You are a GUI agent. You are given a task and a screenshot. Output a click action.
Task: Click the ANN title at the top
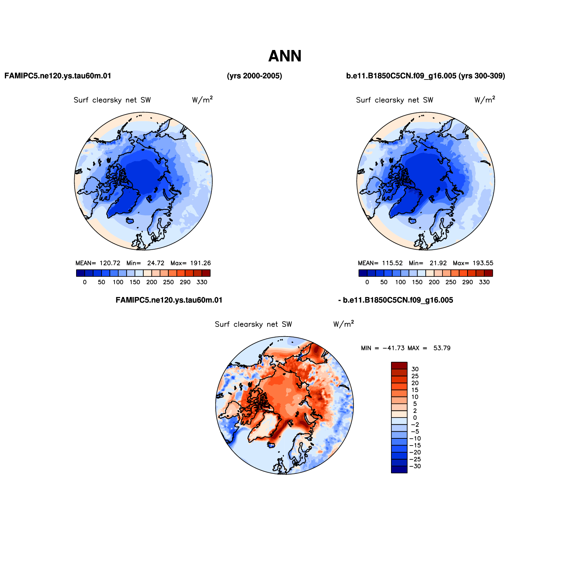tap(285, 56)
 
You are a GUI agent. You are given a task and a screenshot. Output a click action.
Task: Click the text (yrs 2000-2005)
tap(254, 76)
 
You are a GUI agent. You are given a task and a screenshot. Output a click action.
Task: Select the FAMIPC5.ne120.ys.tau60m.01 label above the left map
tap(58, 76)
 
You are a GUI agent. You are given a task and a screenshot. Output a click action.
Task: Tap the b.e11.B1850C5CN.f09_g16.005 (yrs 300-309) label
tap(426, 76)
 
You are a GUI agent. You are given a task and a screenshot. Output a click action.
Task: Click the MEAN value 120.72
tap(110, 263)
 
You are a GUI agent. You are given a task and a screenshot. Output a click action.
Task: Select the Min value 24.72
tap(156, 263)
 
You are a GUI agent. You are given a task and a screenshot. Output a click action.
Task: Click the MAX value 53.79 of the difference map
tap(442, 348)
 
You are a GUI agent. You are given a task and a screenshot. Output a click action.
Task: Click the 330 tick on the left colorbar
tap(202, 282)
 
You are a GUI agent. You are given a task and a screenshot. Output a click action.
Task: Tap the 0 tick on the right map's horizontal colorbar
tap(367, 282)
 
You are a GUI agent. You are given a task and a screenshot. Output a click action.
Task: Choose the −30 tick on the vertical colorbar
tap(415, 466)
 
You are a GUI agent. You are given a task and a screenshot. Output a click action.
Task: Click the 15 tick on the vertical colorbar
tap(415, 390)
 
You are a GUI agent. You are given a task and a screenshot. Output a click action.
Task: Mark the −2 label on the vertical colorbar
tap(414, 425)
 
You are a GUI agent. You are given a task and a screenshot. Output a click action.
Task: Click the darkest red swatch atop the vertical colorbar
tap(399, 365)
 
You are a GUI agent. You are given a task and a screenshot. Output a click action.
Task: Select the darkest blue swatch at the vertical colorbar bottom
tap(399, 470)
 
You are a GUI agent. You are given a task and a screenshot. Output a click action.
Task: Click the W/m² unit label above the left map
tap(203, 100)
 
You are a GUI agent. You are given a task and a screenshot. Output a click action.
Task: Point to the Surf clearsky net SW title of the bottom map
tap(253, 324)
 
